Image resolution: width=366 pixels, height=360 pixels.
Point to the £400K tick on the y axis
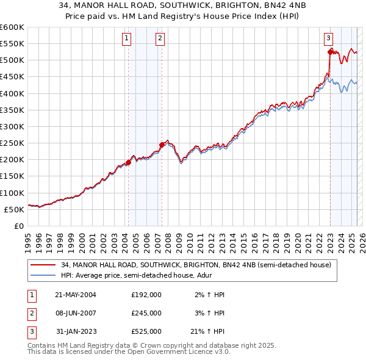click(12, 93)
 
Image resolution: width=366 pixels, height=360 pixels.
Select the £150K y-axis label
click(12, 176)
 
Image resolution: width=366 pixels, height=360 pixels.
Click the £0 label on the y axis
click(19, 226)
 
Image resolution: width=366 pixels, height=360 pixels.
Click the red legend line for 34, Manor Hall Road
click(44, 265)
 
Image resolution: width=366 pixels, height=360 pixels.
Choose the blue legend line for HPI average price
click(44, 275)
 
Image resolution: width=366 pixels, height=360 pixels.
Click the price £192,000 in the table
click(146, 295)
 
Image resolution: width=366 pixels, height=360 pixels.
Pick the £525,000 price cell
click(146, 331)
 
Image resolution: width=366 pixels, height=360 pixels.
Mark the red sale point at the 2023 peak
click(330, 52)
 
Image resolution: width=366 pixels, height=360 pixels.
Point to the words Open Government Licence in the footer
click(173, 352)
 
